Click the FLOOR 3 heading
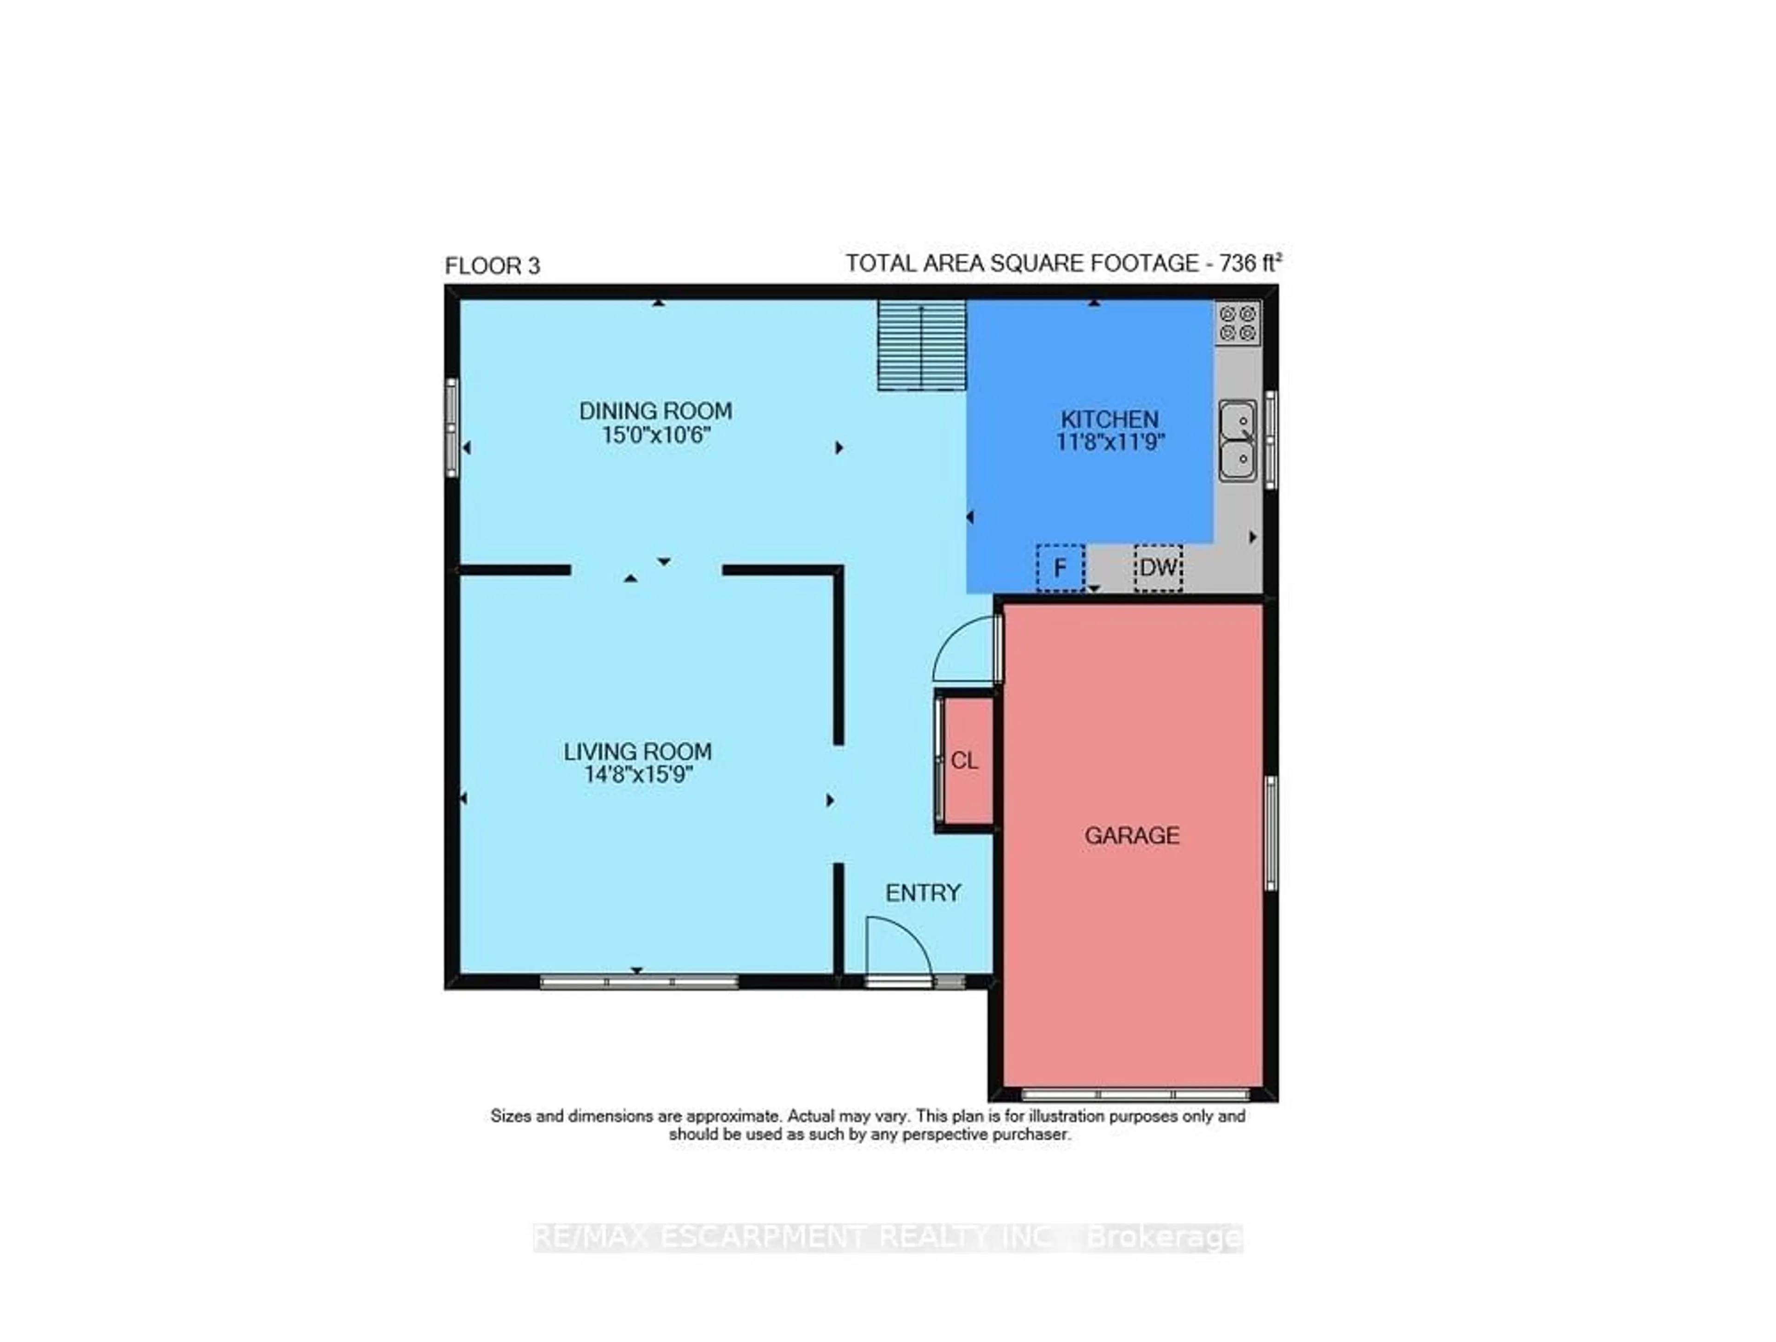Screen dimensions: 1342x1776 coord(492,266)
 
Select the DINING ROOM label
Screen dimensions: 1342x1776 coord(655,411)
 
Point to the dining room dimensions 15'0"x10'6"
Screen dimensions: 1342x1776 coord(656,436)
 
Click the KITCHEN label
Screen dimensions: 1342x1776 coord(1110,419)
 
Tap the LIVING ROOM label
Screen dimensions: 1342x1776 coord(637,752)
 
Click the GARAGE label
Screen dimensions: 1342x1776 coord(1132,835)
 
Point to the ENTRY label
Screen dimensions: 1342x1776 coord(923,893)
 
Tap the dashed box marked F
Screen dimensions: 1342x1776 coord(1060,568)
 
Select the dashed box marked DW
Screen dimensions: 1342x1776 coord(1158,568)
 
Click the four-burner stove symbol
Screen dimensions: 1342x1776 coord(1237,323)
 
